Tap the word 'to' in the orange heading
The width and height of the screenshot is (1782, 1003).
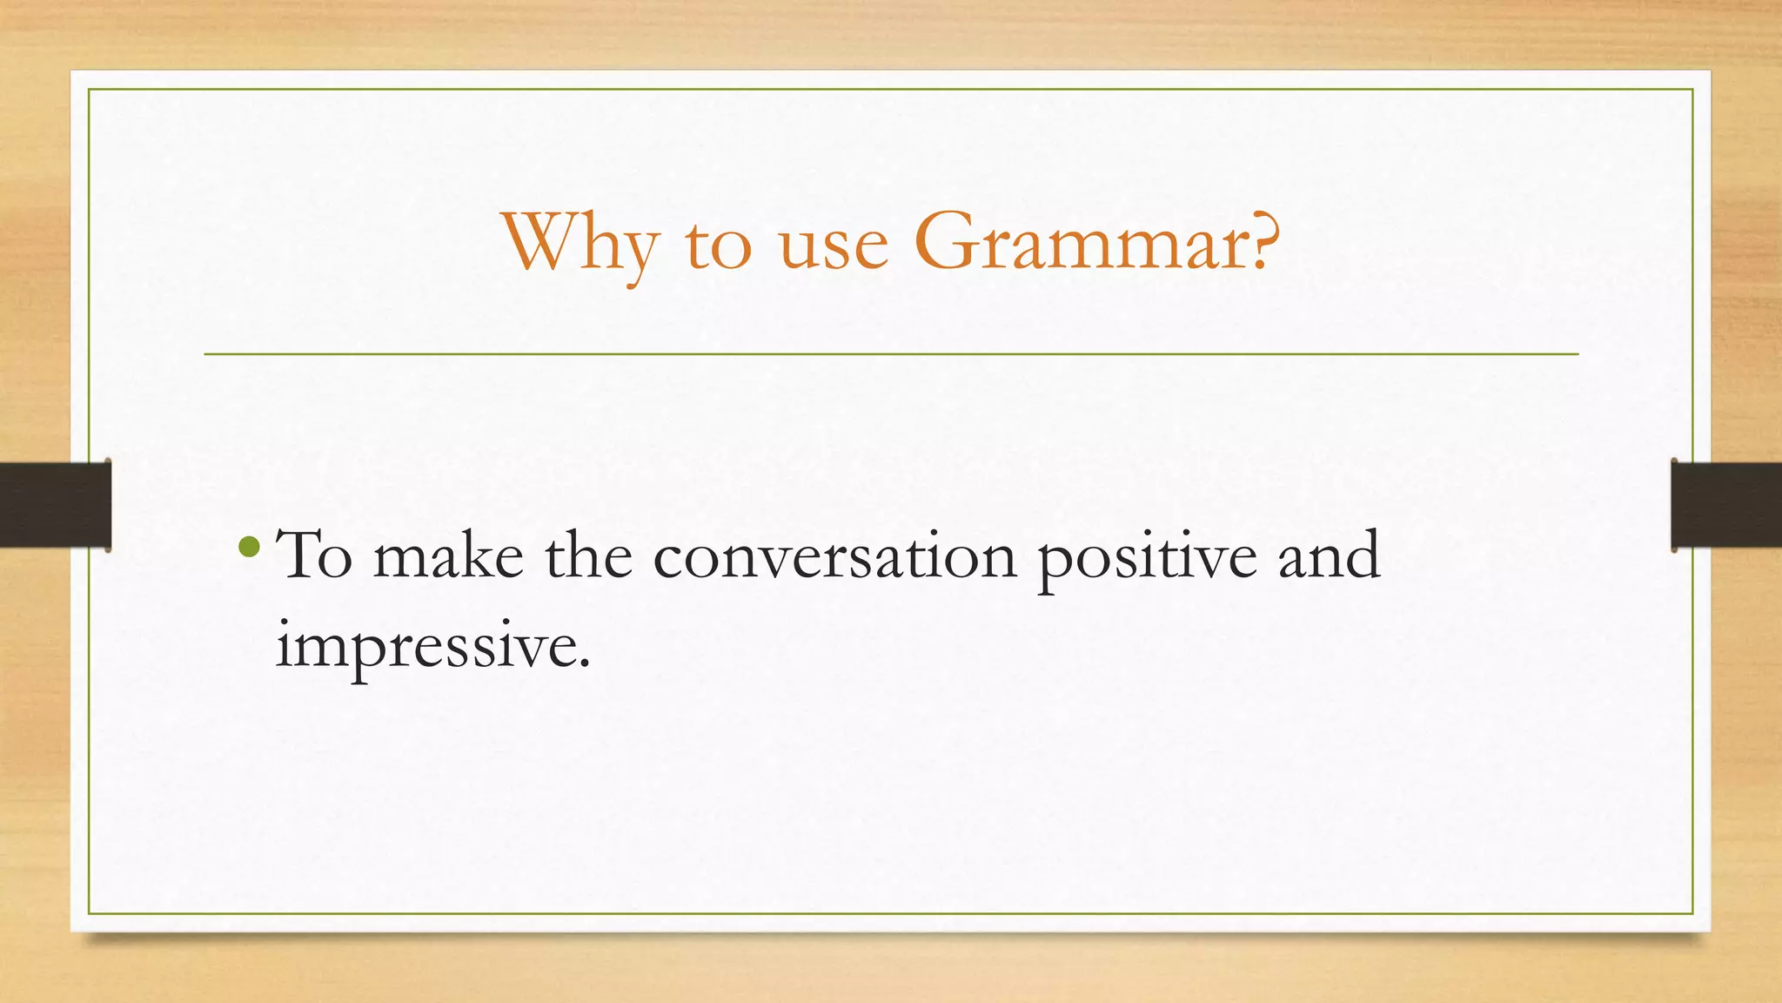pyautogui.click(x=718, y=246)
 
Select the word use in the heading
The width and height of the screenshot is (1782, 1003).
pyautogui.click(x=833, y=246)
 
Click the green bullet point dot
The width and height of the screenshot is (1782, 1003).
pyautogui.click(x=249, y=547)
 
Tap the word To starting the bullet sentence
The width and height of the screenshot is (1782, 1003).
pyautogui.click(x=313, y=555)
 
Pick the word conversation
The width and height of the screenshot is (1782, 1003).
pyautogui.click(x=834, y=557)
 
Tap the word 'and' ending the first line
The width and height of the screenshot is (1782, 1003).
pyautogui.click(x=1329, y=555)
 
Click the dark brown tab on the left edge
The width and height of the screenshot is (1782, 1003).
pyautogui.click(x=55, y=505)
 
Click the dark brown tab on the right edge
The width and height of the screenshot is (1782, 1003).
pyautogui.click(x=1726, y=505)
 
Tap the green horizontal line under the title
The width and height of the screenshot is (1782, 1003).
pyautogui.click(x=891, y=354)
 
